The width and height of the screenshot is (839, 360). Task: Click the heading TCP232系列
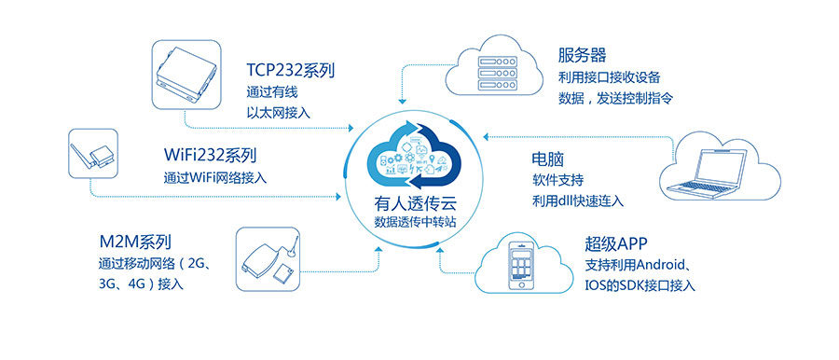(291, 70)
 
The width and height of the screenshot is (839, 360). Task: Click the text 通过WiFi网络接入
(215, 176)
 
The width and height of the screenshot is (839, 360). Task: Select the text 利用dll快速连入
(578, 201)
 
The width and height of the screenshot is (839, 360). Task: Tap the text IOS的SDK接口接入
(640, 285)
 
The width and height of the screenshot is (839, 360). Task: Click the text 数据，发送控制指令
(615, 97)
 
